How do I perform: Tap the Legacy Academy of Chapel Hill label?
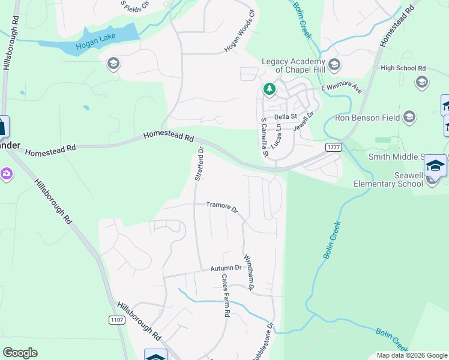tap(292, 65)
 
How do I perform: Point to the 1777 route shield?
tap(334, 147)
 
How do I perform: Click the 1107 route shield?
tap(118, 320)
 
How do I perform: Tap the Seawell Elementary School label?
tap(388, 179)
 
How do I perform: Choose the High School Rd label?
tap(403, 68)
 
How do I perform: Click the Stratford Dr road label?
tap(200, 163)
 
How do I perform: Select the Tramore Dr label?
tap(222, 207)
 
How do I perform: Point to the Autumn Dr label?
tap(226, 268)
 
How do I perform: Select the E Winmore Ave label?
tap(342, 89)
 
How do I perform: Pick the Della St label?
tap(286, 116)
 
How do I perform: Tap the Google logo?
tap(20, 353)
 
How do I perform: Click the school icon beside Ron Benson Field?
tap(410, 116)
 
